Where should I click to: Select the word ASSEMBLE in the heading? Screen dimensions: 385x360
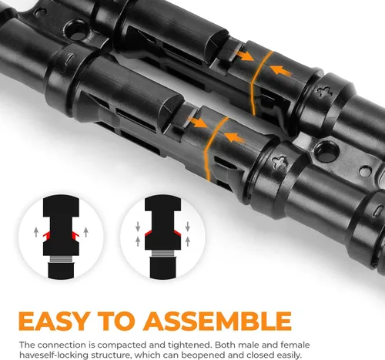(217, 321)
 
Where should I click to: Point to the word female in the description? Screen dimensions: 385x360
(295, 345)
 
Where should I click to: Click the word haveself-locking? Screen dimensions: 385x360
(49, 355)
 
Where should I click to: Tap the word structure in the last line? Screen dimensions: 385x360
(105, 355)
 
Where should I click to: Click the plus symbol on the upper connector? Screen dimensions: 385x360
(324, 92)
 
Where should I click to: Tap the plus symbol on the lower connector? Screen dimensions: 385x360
(280, 162)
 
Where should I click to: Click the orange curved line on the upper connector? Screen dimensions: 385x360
(259, 82)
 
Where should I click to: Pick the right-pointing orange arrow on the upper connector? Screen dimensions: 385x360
(245, 56)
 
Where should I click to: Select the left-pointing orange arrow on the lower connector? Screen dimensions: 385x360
(235, 137)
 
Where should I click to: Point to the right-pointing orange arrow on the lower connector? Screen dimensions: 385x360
(198, 123)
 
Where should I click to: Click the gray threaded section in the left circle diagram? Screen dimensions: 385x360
(61, 259)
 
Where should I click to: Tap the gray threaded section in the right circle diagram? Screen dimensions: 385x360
(162, 254)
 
